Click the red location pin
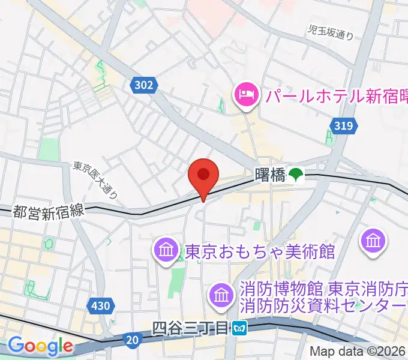pos(203,176)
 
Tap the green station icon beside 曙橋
pos(296,175)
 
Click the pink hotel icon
pos(246,94)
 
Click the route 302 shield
pos(143,86)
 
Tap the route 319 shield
pos(343,126)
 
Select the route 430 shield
pos(101,306)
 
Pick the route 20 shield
pos(133,340)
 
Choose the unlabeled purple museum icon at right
pos(374,241)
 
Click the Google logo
pos(40,346)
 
